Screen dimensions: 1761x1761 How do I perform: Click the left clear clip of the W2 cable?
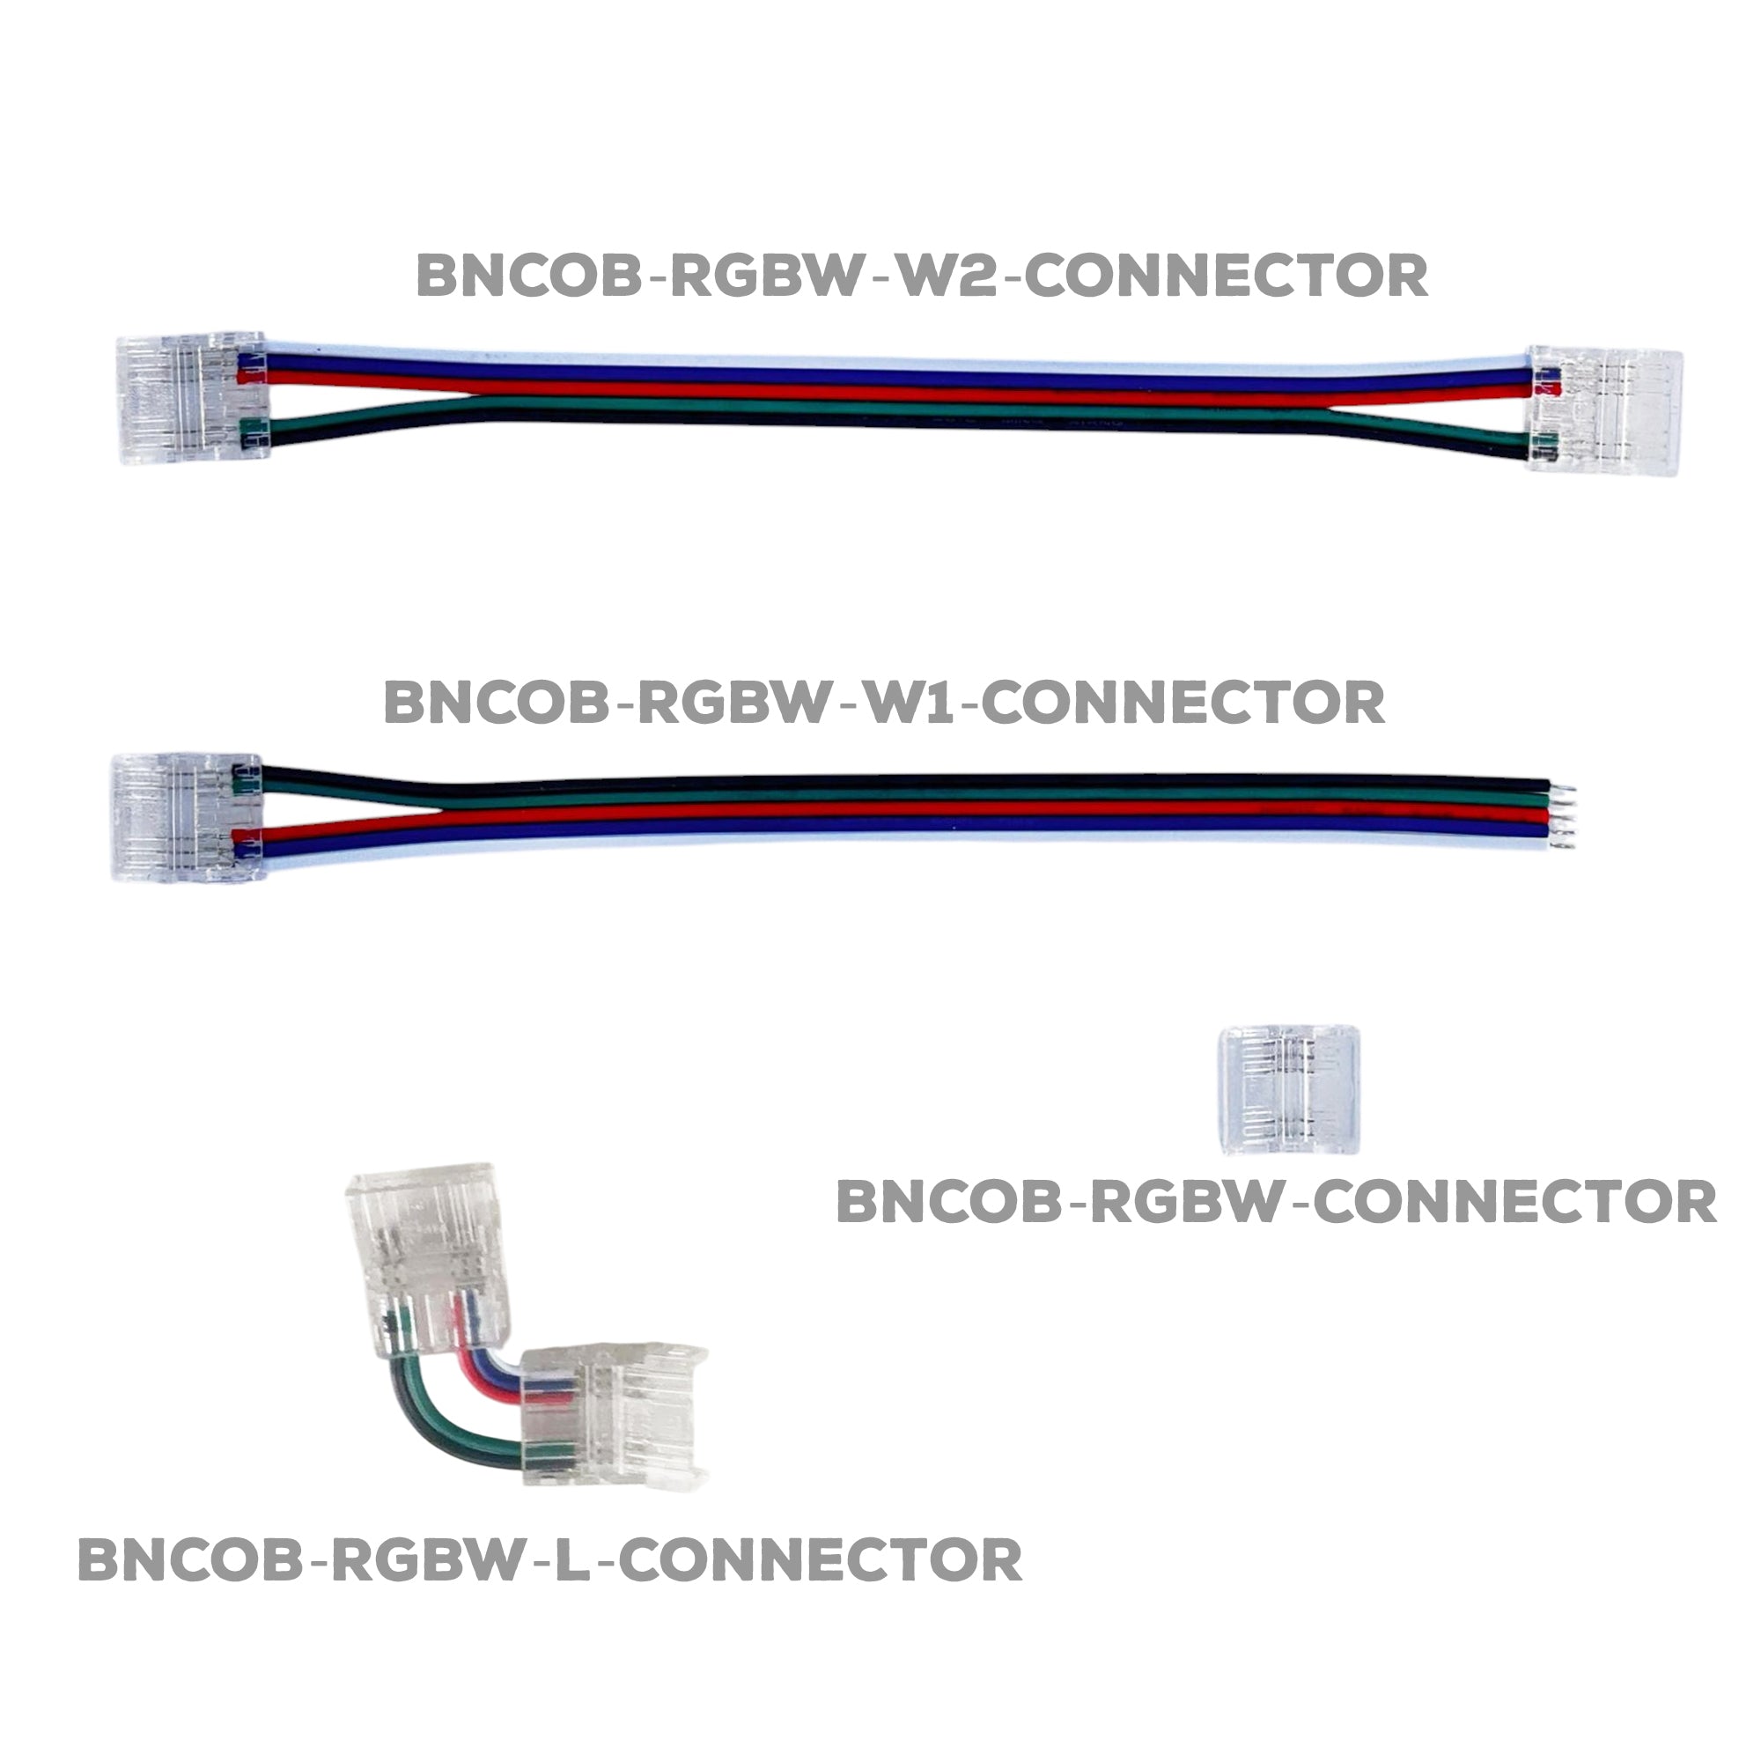[192, 398]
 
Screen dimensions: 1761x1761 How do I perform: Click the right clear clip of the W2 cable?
[1604, 413]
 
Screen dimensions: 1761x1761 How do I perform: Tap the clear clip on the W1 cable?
[187, 816]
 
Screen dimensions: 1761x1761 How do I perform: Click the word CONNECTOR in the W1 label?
[1185, 702]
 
